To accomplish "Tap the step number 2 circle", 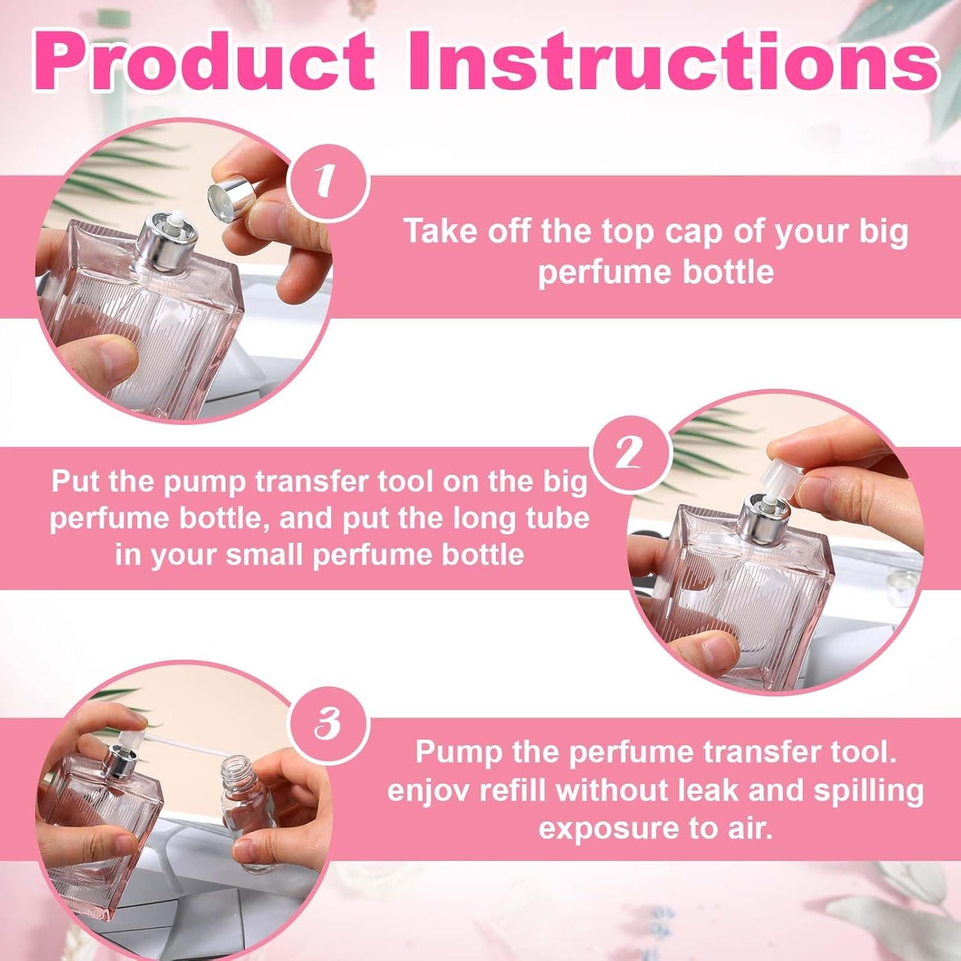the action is click(630, 454).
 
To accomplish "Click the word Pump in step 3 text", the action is click(457, 752).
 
